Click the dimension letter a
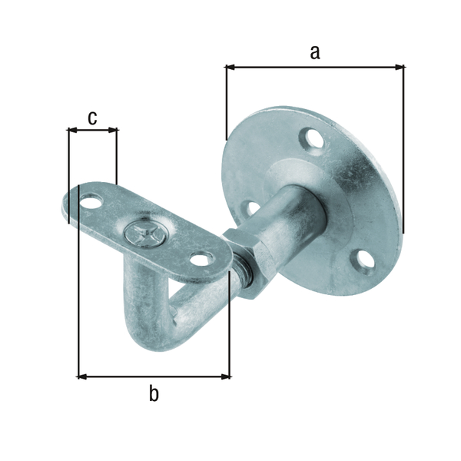click(314, 52)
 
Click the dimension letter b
click(154, 394)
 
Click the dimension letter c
click(92, 118)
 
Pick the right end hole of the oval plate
click(201, 260)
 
